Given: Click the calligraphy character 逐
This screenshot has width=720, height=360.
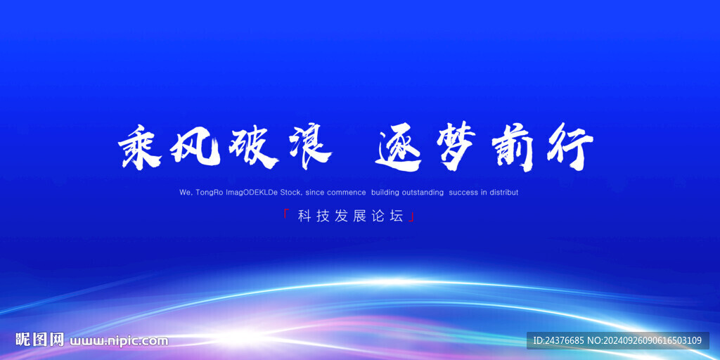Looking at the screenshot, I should coord(399,148).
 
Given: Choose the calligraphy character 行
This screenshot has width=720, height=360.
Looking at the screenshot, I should coord(566,148).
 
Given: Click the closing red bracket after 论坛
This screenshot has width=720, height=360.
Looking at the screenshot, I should coord(411,219).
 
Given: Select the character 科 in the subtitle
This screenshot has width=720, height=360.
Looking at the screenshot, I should coord(304,217).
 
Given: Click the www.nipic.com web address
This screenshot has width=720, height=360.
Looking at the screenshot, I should coord(119,341).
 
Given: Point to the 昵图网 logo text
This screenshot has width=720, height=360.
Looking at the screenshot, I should coord(40,340).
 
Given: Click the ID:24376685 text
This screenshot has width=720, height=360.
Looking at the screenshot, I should coord(559,341).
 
